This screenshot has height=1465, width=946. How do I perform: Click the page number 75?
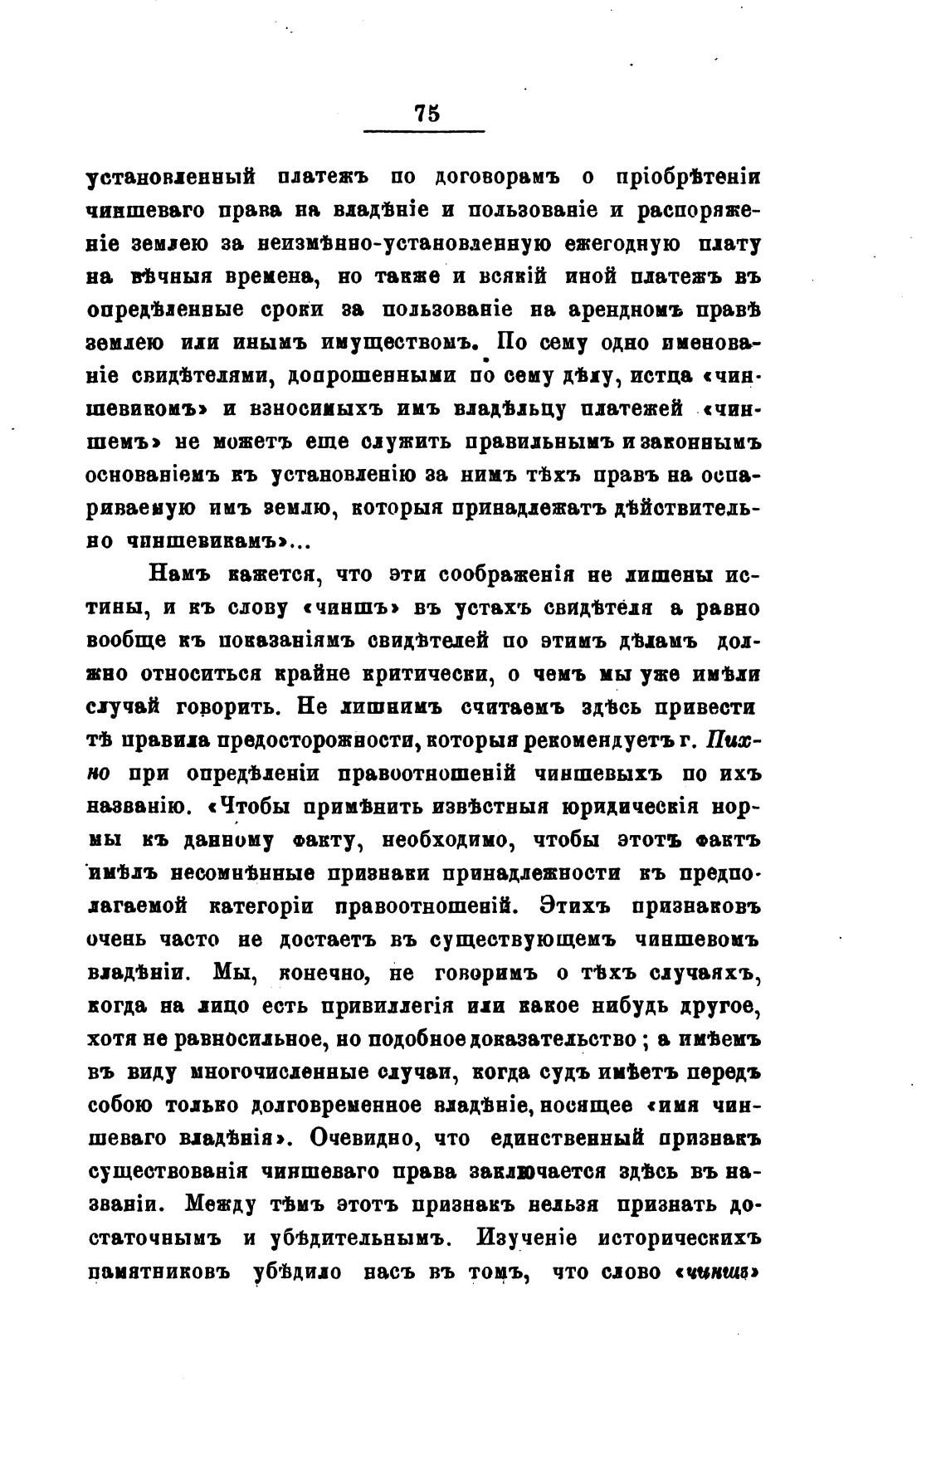click(425, 114)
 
